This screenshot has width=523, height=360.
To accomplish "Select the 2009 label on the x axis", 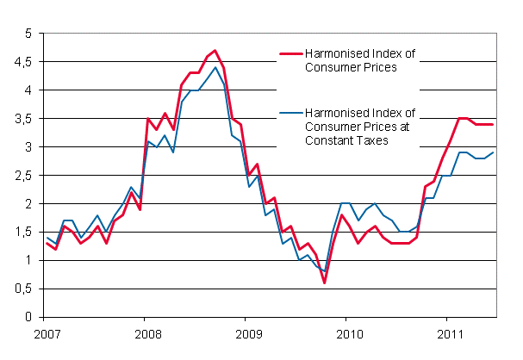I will pyautogui.click(x=247, y=332).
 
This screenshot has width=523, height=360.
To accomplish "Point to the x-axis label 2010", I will pyautogui.click(x=348, y=332).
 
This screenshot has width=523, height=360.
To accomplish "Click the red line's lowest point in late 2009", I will pyautogui.click(x=325, y=282).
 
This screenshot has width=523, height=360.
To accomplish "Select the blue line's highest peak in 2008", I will pyautogui.click(x=215, y=67).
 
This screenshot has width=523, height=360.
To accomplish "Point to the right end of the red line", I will pyautogui.click(x=492, y=125).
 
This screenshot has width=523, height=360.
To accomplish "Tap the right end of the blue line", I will pyautogui.click(x=492, y=152).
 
